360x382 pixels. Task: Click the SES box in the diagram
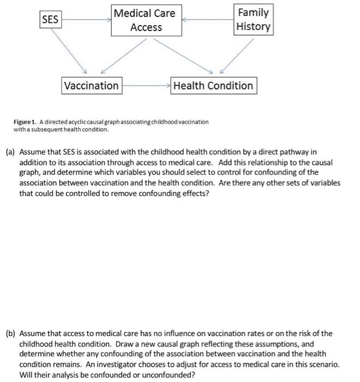[x=51, y=20]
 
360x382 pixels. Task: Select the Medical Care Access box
[x=146, y=20]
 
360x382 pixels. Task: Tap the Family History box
[x=253, y=20]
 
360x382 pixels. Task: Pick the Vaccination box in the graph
[x=91, y=86]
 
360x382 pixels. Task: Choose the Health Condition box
[x=213, y=86]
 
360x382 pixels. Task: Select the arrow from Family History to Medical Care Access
[x=207, y=20]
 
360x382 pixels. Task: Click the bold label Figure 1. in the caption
[x=26, y=122]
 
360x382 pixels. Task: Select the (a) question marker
[x=10, y=152]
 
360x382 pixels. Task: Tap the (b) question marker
[x=10, y=333]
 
